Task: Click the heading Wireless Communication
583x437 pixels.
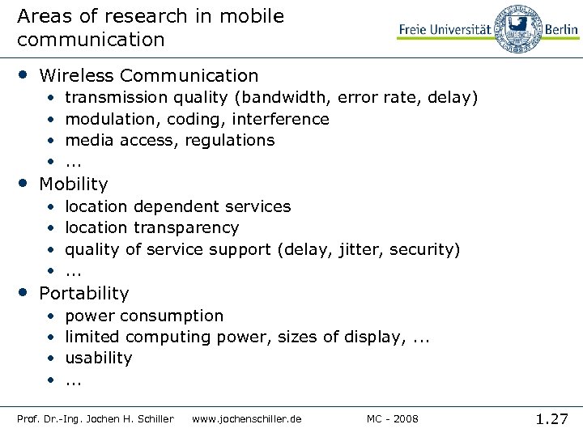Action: click(149, 76)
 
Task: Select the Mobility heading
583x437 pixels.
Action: click(73, 185)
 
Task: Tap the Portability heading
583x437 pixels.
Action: click(84, 293)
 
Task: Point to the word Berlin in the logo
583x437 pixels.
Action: click(560, 29)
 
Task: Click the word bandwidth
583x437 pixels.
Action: click(283, 98)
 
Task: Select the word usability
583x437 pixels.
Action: click(99, 358)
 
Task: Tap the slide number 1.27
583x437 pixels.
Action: click(552, 418)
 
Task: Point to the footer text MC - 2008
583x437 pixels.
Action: click(393, 419)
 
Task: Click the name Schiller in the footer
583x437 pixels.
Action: click(155, 419)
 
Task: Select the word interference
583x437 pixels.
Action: click(280, 119)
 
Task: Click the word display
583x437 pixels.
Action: click(373, 337)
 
